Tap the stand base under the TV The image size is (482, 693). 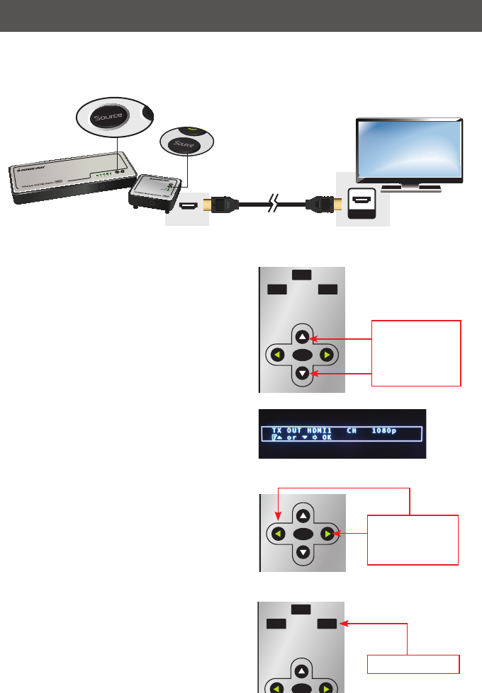(x=411, y=189)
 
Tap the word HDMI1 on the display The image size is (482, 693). (x=327, y=430)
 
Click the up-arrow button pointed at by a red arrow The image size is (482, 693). (x=303, y=337)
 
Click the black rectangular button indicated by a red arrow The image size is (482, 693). (x=327, y=624)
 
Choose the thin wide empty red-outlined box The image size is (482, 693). (x=413, y=664)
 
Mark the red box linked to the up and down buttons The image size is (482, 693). (x=416, y=353)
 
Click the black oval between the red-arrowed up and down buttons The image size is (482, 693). (x=303, y=355)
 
